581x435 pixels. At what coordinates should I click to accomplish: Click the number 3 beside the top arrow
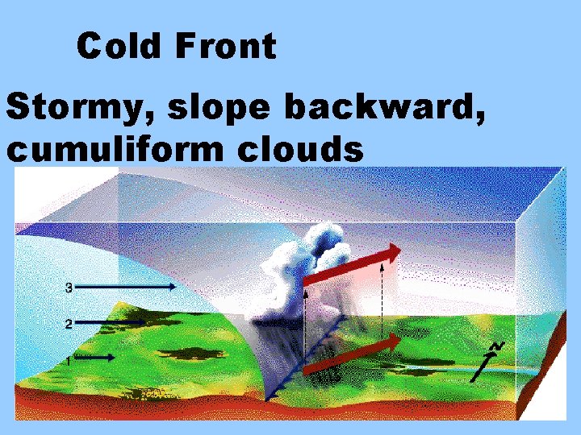tap(69, 287)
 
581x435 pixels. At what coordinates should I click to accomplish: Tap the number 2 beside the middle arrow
tap(69, 324)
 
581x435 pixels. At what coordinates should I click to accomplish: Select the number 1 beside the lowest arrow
tap(69, 360)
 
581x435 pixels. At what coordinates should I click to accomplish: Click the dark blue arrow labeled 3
tap(129, 286)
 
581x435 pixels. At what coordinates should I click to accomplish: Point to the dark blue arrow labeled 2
tap(113, 322)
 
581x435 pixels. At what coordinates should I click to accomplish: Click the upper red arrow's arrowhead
tap(391, 253)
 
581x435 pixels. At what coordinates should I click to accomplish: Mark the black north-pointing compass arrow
tap(483, 367)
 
